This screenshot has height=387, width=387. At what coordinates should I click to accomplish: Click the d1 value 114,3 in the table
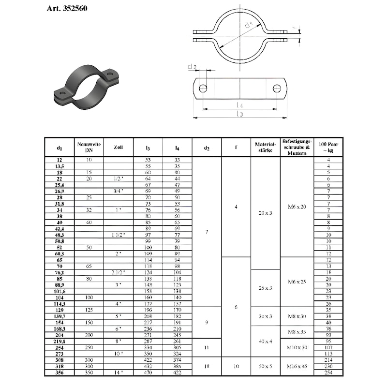(x=59, y=303)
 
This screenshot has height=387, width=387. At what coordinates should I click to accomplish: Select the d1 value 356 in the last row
(x=59, y=372)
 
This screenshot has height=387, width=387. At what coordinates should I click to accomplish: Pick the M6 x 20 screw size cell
(x=297, y=207)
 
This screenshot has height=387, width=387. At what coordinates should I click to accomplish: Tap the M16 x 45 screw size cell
(x=297, y=367)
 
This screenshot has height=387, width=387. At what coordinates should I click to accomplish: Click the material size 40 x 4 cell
(x=265, y=341)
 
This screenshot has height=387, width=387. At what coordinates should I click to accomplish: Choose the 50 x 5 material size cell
(x=265, y=367)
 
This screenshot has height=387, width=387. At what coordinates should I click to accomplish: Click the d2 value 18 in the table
(x=207, y=367)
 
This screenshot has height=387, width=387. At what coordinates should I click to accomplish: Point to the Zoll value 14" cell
(x=118, y=372)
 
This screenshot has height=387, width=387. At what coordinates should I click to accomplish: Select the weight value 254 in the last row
(x=328, y=372)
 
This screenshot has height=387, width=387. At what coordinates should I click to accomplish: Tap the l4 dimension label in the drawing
(x=239, y=105)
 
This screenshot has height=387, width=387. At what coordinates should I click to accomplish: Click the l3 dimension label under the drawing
(x=239, y=114)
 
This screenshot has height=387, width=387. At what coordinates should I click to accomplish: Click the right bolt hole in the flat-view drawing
(x=277, y=89)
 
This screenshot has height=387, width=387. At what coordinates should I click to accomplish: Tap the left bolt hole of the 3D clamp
(x=61, y=93)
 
